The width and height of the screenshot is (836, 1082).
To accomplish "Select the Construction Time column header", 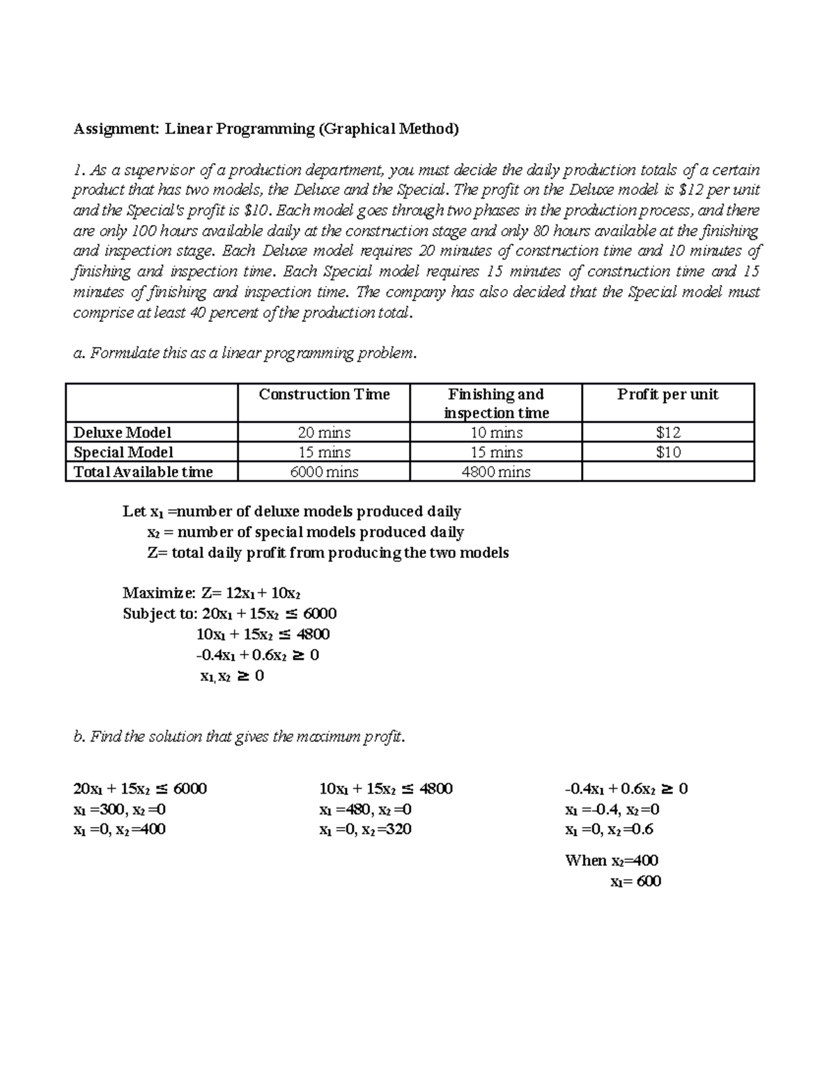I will pos(324,394).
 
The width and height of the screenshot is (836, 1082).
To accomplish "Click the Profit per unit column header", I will pos(667,394).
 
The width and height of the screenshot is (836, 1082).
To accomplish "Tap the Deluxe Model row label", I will pos(123,433).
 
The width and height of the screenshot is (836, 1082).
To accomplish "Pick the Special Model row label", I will pos(123,452).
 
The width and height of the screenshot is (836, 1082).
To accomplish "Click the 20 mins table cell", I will pos(324,433).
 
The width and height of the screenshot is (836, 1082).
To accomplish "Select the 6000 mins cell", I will pos(324,472).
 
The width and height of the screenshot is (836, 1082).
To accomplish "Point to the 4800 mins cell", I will pos(496,472).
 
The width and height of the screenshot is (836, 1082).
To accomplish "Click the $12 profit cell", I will pos(667,433).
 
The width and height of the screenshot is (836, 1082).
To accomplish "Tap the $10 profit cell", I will pos(667,452).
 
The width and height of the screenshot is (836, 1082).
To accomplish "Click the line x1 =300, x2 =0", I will pos(119,810).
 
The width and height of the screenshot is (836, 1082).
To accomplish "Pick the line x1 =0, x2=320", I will pos(365,830).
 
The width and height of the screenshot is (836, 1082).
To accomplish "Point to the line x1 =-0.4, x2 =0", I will pos(612,810).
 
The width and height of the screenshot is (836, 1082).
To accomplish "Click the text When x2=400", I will pos(612,860).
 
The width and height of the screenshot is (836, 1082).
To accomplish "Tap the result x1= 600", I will pos(635,881).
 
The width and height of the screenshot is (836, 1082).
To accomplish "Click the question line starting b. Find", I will pos(238,736).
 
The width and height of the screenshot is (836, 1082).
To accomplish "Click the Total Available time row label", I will pos(144,472).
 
